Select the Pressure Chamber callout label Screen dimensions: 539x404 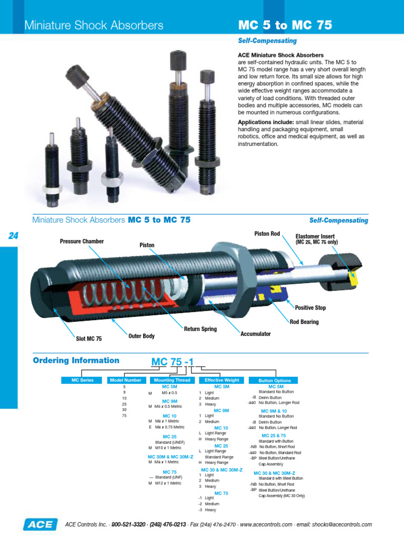coord(82,242)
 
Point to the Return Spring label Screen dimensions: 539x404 coord(200,329)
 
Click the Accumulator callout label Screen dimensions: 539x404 coord(256,334)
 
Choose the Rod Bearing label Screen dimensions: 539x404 coord(304,322)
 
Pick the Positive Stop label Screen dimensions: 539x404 coord(310,308)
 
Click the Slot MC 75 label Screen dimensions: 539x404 coord(89,338)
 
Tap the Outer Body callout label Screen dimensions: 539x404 coord(142,336)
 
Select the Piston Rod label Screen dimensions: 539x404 coord(267,233)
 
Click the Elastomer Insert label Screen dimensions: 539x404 coord(315,237)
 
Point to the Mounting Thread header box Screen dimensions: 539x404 coord(172,380)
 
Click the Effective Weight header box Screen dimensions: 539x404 coord(221,380)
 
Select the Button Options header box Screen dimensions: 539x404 coord(275,380)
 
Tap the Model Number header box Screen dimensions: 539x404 coord(125,380)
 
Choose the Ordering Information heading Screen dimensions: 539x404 coord(76,361)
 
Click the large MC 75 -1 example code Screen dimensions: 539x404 coord(173,362)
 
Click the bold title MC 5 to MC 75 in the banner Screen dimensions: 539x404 coord(285,25)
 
